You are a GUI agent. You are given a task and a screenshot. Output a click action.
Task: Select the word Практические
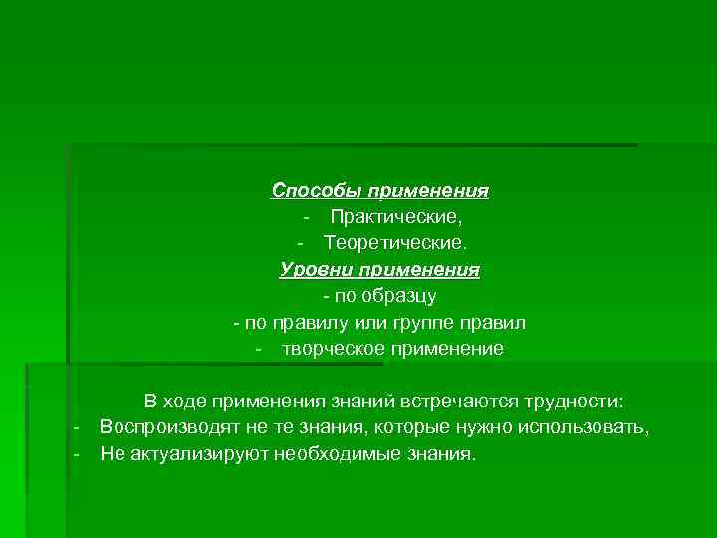(x=396, y=216)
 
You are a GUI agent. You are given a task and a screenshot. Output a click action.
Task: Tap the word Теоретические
(x=392, y=243)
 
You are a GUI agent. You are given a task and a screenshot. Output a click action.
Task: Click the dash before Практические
(x=310, y=217)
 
